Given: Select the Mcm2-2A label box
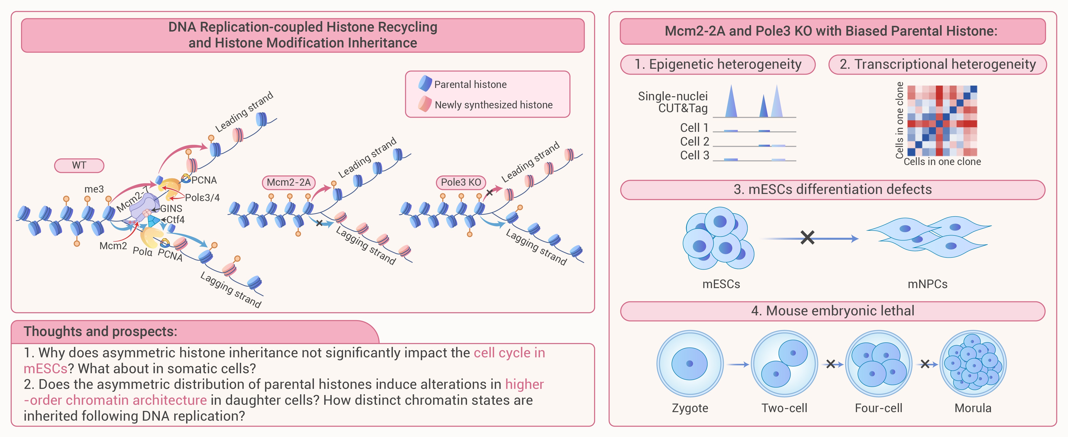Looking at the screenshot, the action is pyautogui.click(x=289, y=182).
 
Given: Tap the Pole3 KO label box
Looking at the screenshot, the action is pyautogui.click(x=461, y=182).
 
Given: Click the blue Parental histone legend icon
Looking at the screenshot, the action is pyautogui.click(x=425, y=83).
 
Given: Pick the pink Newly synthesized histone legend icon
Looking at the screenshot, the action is pyautogui.click(x=425, y=104).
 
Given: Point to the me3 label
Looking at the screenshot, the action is pyautogui.click(x=94, y=189).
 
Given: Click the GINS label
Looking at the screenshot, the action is pyautogui.click(x=171, y=209).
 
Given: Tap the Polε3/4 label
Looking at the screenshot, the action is pyautogui.click(x=202, y=198).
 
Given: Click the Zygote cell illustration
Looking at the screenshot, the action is pyautogui.click(x=690, y=364).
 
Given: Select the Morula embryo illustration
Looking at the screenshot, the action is pyautogui.click(x=973, y=364).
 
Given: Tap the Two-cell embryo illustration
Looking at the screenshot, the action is pyautogui.click(x=784, y=364).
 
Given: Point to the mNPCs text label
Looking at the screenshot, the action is pyautogui.click(x=927, y=284).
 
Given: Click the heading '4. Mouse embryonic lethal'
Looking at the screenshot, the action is pyautogui.click(x=833, y=311).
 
